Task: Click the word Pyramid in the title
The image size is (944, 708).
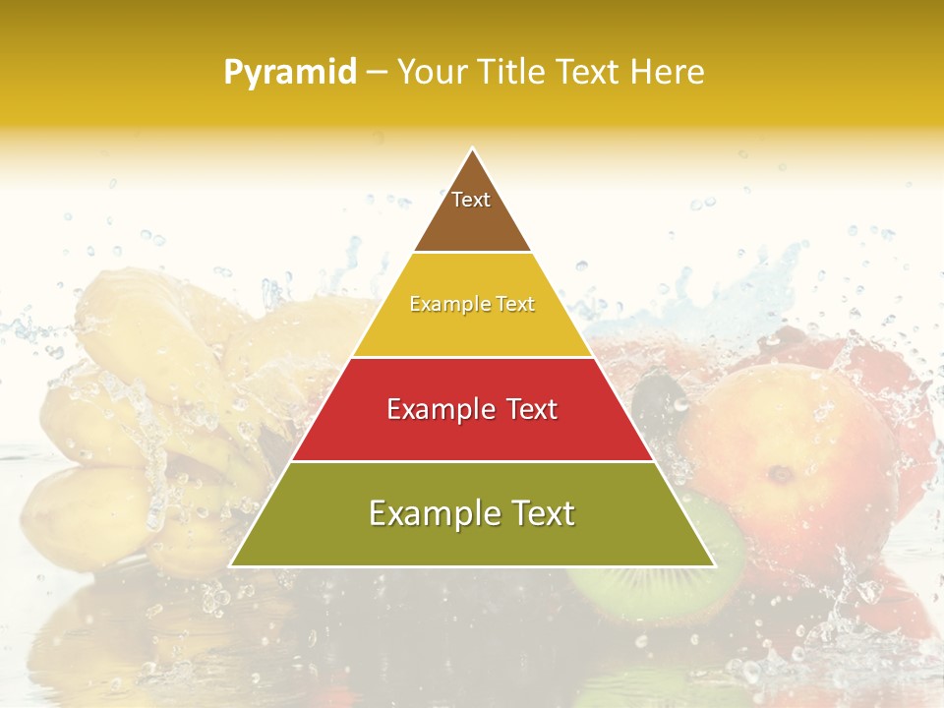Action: pos(289,73)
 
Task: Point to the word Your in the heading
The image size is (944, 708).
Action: pos(432,72)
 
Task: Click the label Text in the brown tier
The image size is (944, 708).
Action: pos(471,200)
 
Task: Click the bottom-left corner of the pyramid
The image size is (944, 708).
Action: pos(231,565)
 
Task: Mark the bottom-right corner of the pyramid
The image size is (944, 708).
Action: pos(714,565)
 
